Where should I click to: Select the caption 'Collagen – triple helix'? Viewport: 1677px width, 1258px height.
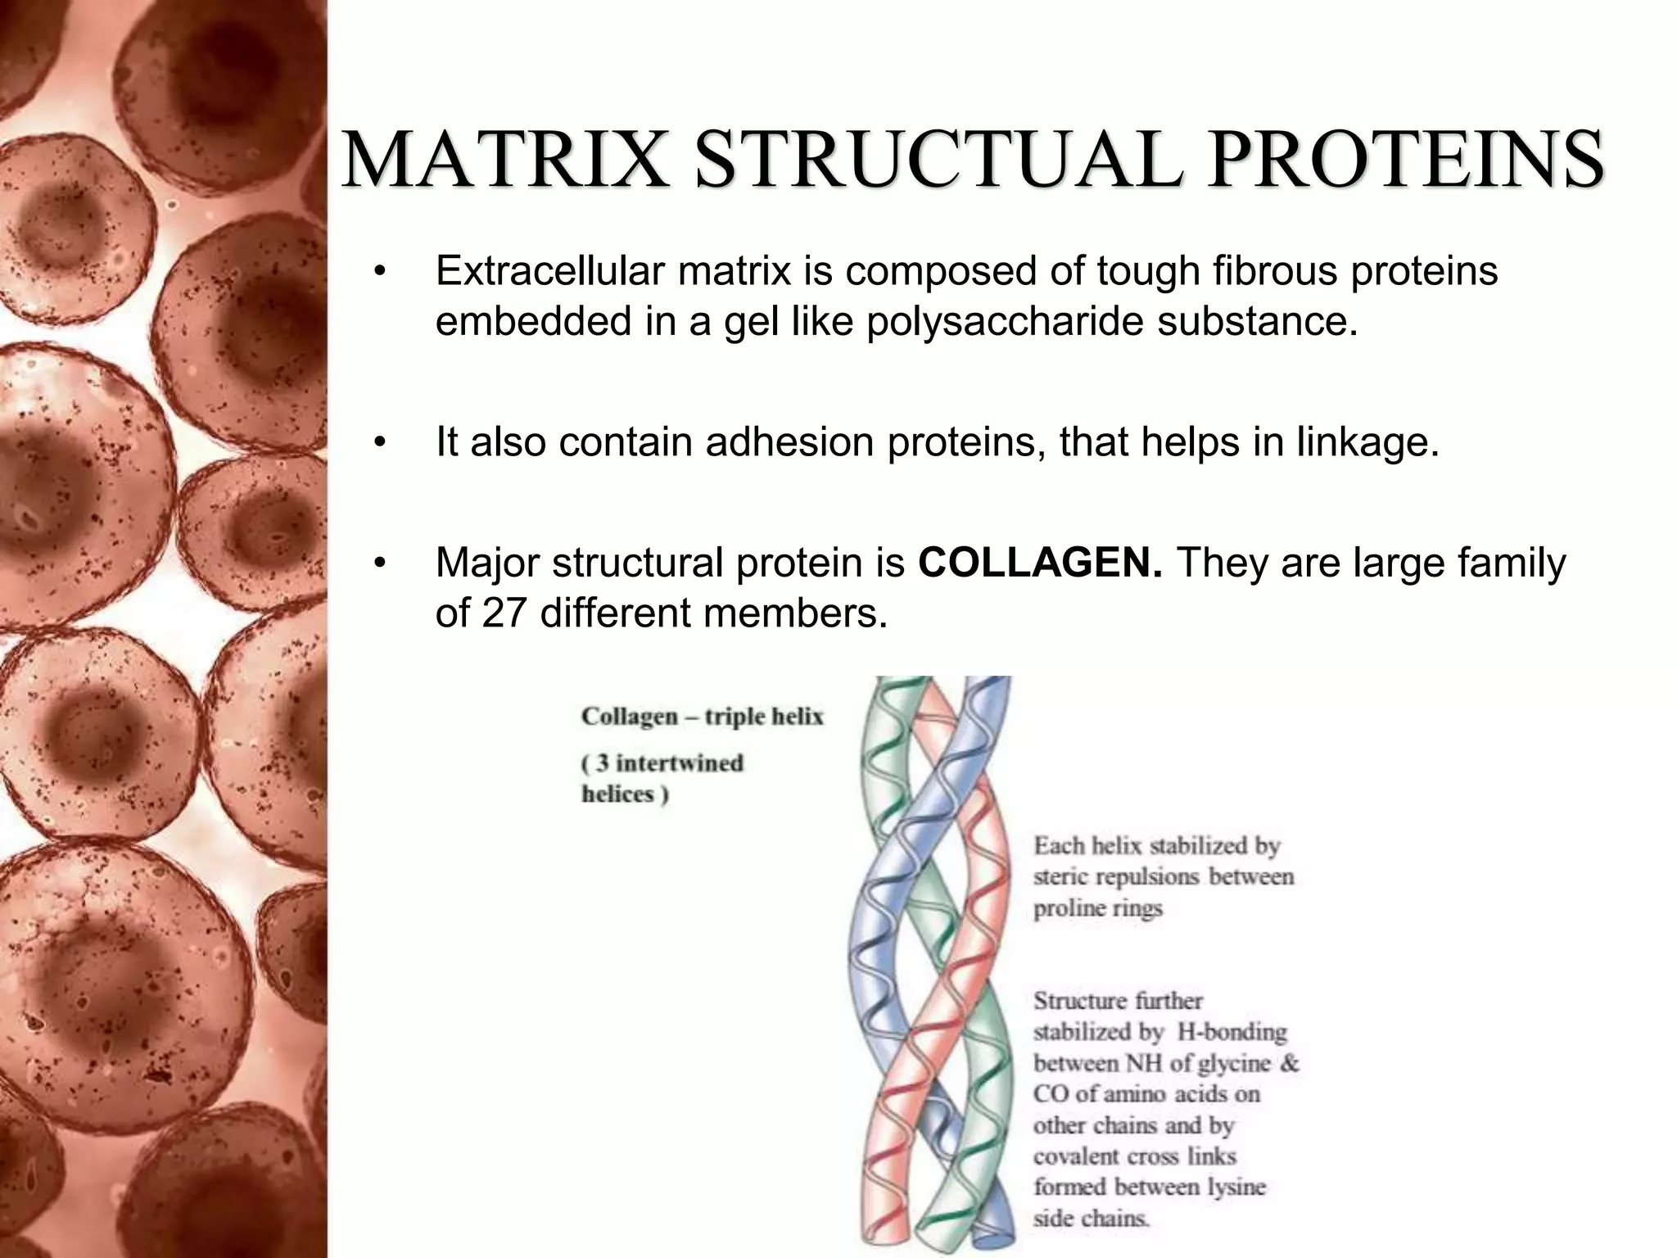click(702, 717)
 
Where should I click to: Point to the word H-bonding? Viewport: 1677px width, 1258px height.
click(1232, 1032)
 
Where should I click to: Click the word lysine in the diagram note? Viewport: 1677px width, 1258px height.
click(1234, 1187)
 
